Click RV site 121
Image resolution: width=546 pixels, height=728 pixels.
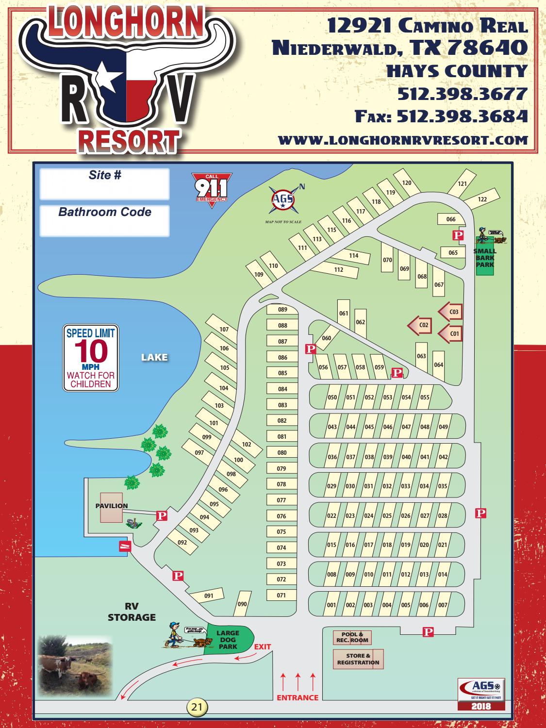(462, 184)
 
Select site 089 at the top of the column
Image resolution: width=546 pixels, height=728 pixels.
(282, 310)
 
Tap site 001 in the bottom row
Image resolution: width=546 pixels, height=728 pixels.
(331, 605)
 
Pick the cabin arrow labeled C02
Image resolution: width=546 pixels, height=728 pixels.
(420, 325)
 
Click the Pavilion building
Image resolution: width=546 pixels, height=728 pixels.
(111, 508)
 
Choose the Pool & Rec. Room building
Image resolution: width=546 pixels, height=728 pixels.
(352, 637)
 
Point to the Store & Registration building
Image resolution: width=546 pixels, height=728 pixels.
(358, 659)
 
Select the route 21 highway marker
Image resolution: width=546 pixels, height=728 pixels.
(196, 706)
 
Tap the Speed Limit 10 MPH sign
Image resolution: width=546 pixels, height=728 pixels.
(91, 359)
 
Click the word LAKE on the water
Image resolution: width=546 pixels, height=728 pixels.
(154, 358)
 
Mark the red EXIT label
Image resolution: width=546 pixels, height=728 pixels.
(262, 646)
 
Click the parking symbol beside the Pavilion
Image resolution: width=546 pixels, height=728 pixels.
(162, 515)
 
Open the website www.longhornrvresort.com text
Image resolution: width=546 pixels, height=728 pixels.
(402, 140)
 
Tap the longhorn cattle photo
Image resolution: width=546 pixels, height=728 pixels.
(75, 664)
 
